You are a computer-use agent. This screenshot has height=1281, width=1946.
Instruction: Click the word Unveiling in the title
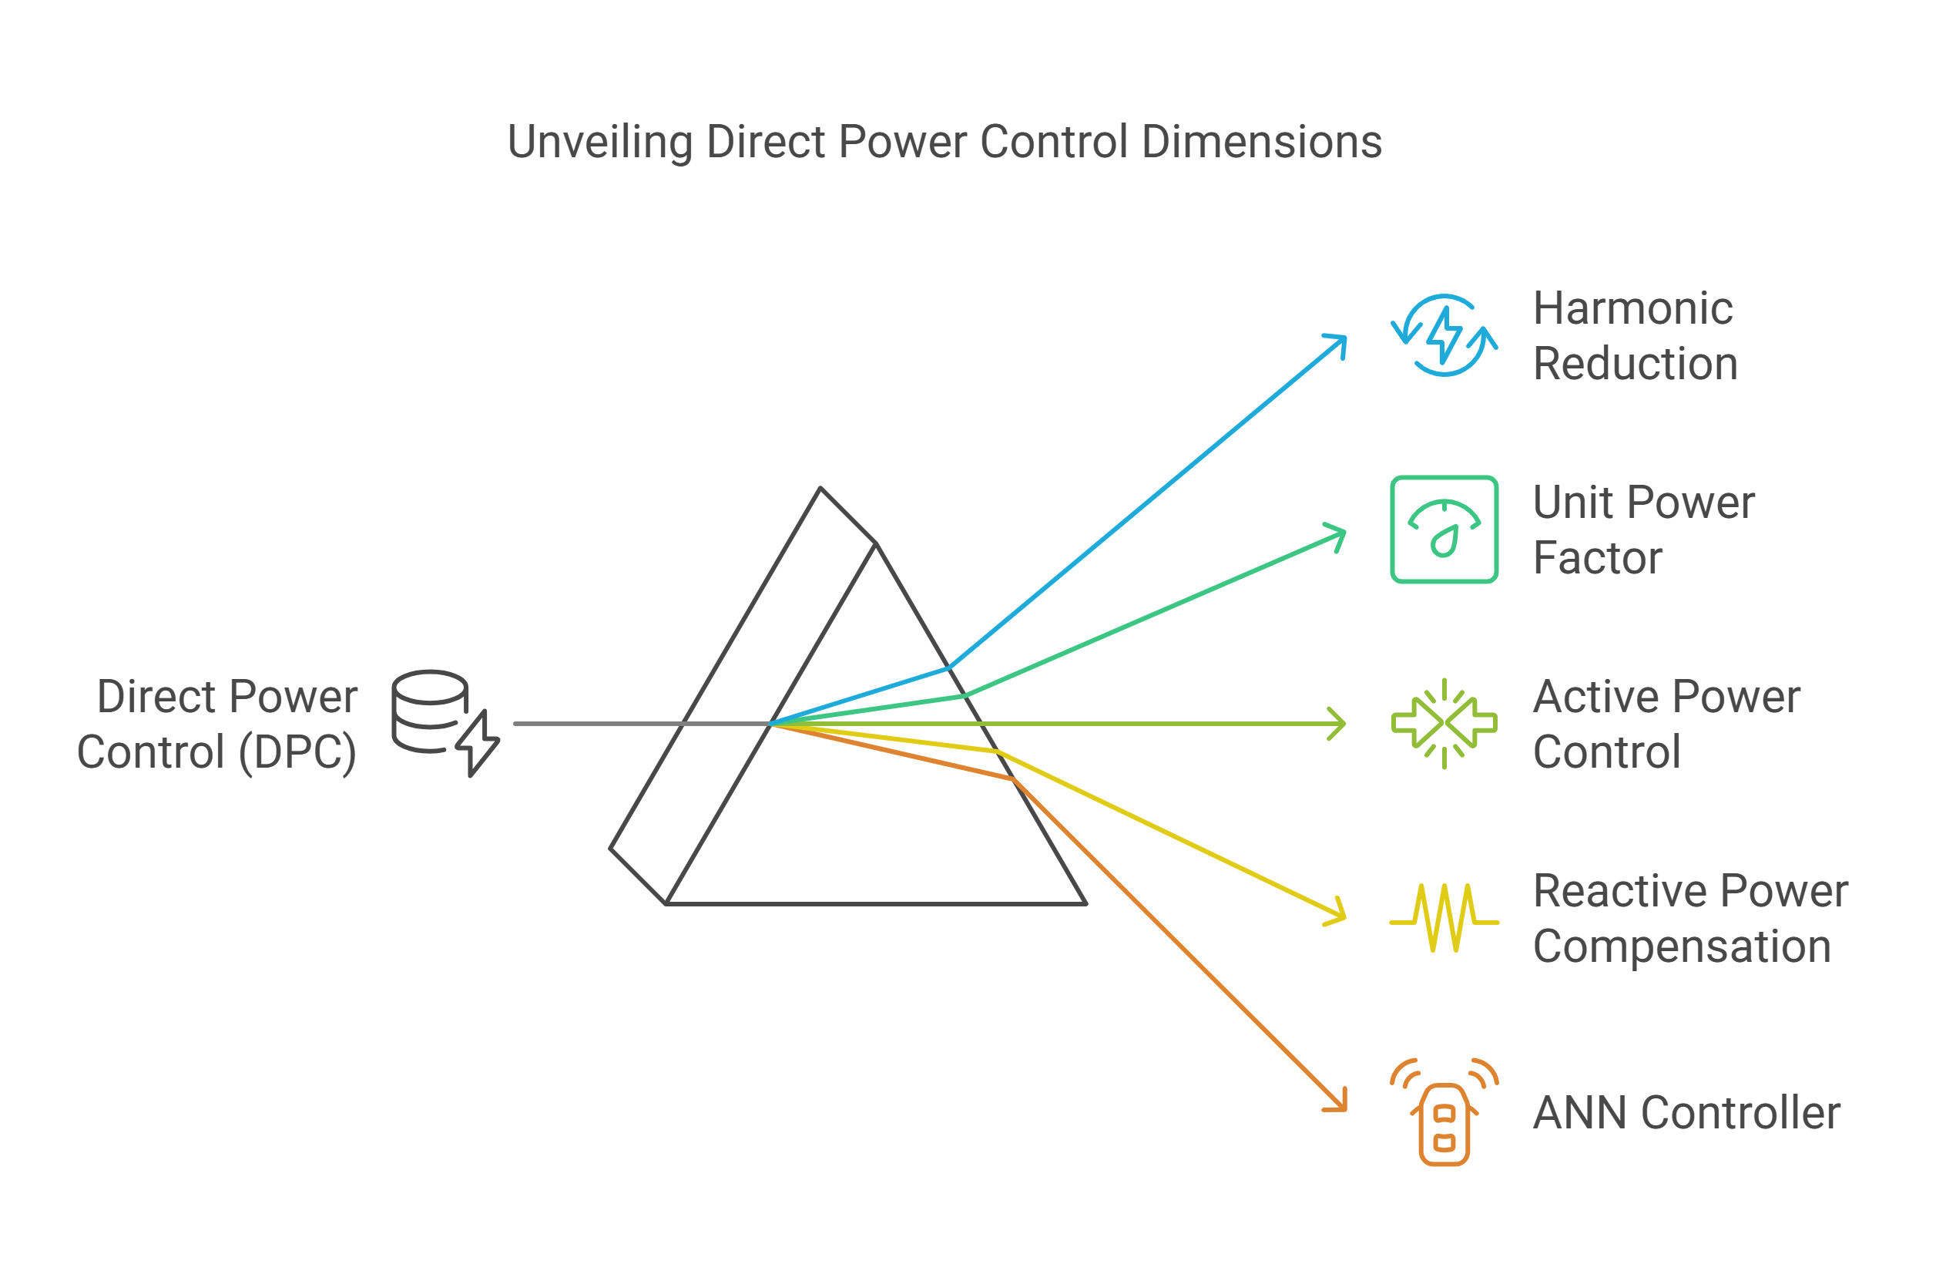click(x=599, y=143)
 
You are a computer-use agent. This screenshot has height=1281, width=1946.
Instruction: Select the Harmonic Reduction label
click(x=1635, y=336)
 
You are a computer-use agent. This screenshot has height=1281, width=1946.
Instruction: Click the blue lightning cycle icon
click(x=1444, y=335)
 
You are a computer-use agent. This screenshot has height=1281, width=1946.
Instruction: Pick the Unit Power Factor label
click(x=1642, y=530)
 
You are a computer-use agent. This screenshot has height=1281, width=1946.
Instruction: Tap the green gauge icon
click(x=1444, y=530)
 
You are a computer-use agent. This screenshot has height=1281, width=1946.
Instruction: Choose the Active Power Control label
click(x=1666, y=724)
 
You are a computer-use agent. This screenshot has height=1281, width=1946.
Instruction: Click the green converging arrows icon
click(x=1444, y=724)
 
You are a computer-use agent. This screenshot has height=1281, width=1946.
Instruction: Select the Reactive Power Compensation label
click(x=1689, y=919)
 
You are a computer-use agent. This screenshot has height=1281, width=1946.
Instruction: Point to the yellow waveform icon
click(x=1444, y=918)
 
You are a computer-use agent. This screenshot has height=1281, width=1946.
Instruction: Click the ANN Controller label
click(x=1686, y=1113)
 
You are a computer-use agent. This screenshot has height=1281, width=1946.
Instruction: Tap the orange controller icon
click(x=1444, y=1112)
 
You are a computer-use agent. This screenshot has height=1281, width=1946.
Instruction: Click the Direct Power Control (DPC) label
click(x=217, y=724)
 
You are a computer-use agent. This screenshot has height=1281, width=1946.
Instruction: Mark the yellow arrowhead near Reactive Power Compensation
click(x=1337, y=913)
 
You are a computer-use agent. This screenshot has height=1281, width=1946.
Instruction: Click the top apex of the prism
click(x=820, y=489)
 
